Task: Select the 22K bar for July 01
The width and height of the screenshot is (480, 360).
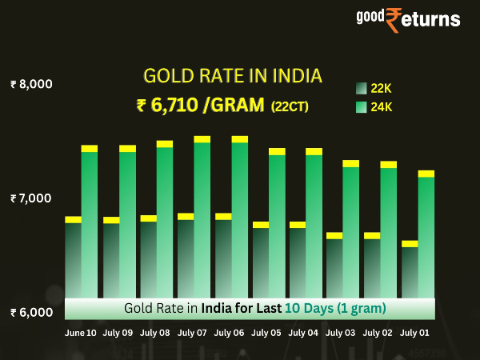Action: tap(410, 272)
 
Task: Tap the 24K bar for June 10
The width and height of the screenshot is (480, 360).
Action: tap(89, 224)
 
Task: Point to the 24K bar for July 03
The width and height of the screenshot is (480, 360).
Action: tap(350, 232)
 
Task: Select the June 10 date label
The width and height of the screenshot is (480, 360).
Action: tap(80, 332)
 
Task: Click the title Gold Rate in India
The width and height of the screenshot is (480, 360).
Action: tap(232, 77)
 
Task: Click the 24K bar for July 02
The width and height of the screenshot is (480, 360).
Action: tap(388, 232)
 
